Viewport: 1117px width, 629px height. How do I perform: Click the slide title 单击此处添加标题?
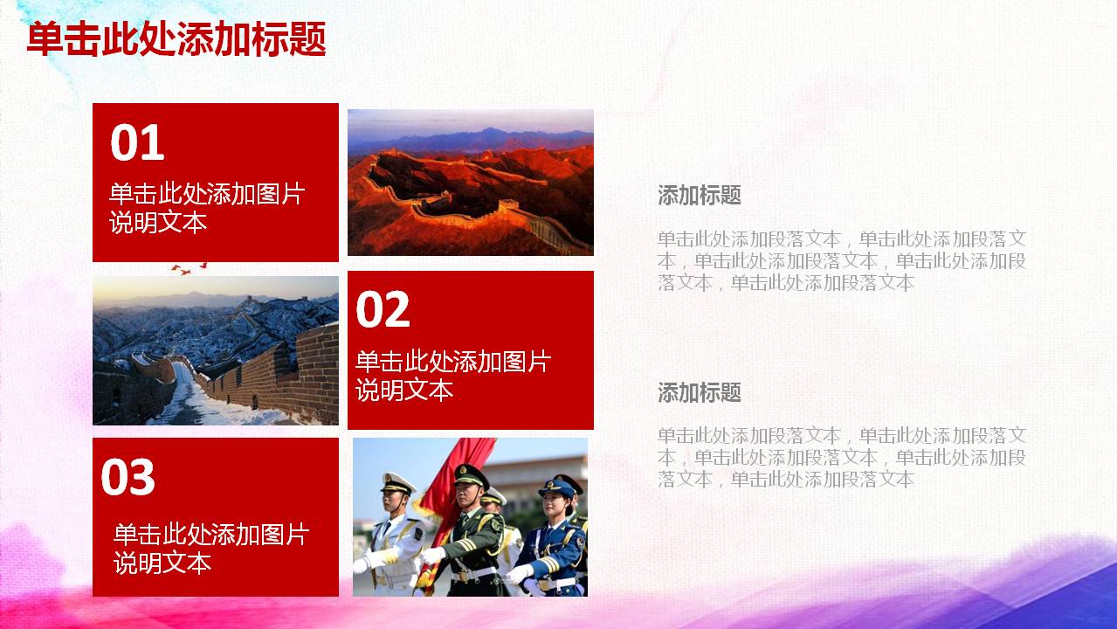176,40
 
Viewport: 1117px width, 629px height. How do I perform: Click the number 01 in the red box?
137,143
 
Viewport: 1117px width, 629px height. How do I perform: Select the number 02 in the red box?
383,310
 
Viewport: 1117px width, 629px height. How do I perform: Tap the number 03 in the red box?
128,478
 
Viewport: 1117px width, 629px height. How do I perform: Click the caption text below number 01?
206,208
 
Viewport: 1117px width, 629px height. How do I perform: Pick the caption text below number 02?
452,376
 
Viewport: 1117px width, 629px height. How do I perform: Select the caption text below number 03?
210,549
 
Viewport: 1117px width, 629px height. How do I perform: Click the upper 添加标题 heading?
699,196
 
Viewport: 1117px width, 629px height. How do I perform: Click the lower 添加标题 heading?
699,393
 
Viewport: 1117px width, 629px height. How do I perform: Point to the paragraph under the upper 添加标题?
841,260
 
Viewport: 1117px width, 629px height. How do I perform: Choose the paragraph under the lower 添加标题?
841,457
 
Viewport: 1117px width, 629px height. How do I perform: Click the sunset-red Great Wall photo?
470,182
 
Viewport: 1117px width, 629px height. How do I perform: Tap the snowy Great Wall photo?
215,350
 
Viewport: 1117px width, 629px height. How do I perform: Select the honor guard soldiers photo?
470,516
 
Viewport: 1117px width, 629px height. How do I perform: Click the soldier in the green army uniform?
472,533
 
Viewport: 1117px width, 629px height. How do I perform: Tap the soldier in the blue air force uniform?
554,537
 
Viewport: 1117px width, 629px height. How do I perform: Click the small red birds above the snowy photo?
190,268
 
